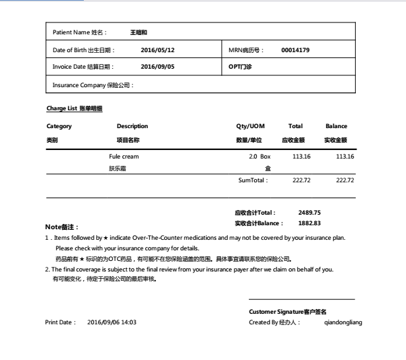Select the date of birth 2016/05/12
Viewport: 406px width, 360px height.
click(x=157, y=50)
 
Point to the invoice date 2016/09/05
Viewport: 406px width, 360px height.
click(x=157, y=67)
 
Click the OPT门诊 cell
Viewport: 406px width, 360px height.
click(x=240, y=67)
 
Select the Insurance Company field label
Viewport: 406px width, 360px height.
click(x=93, y=85)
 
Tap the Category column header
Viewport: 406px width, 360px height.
click(x=59, y=126)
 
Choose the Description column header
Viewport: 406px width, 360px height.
click(x=132, y=126)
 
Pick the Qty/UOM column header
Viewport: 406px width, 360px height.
click(x=250, y=126)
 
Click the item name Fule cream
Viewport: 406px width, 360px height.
click(x=124, y=157)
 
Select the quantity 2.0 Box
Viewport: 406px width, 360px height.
click(x=259, y=157)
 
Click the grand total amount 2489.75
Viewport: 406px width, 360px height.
click(x=309, y=213)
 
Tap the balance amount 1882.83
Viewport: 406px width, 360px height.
click(x=309, y=223)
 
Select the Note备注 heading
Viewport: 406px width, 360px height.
click(x=61, y=227)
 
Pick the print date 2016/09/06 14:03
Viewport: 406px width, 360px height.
click(x=112, y=322)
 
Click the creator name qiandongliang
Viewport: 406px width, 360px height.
click(x=343, y=322)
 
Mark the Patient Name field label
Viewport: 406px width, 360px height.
click(x=83, y=32)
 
